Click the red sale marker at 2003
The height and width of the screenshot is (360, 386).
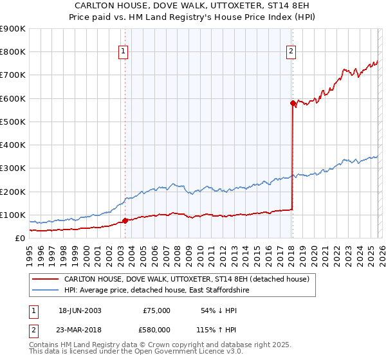pos(125,221)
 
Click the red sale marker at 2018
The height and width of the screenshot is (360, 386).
pos(293,103)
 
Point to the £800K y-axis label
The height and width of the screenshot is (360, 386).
pos(13,52)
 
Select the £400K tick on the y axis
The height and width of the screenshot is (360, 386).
pos(13,145)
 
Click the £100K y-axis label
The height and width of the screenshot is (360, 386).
pos(13,215)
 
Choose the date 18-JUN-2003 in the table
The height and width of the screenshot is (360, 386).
pos(80,310)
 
